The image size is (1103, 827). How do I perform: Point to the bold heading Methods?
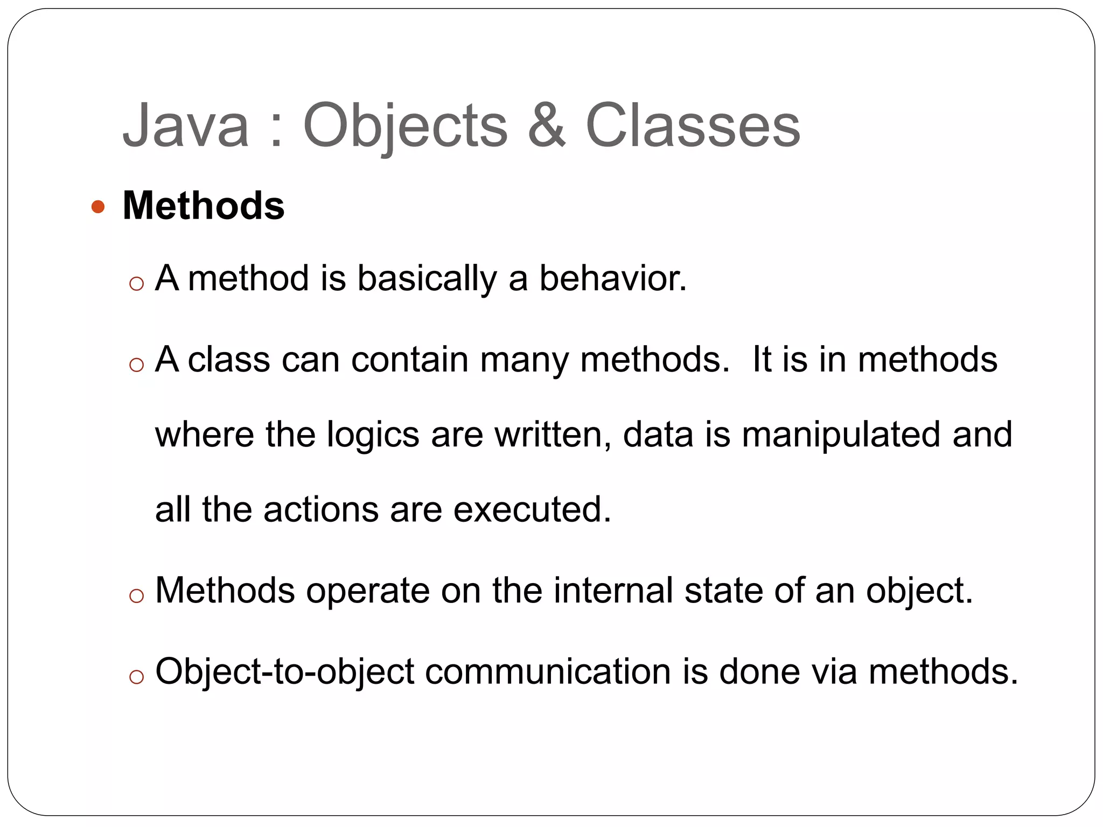(204, 206)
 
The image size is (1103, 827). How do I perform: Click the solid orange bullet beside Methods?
(97, 207)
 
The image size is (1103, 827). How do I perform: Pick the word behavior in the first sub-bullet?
(613, 278)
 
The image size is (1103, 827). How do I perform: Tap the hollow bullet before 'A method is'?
(137, 284)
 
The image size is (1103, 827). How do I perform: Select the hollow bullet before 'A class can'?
(137, 365)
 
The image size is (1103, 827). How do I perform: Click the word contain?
(410, 359)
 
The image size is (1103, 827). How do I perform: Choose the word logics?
(373, 436)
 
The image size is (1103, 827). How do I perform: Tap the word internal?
(613, 591)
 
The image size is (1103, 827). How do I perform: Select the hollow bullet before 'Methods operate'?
(137, 595)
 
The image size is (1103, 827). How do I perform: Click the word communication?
(548, 671)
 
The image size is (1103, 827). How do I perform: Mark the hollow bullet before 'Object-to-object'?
(137, 677)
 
